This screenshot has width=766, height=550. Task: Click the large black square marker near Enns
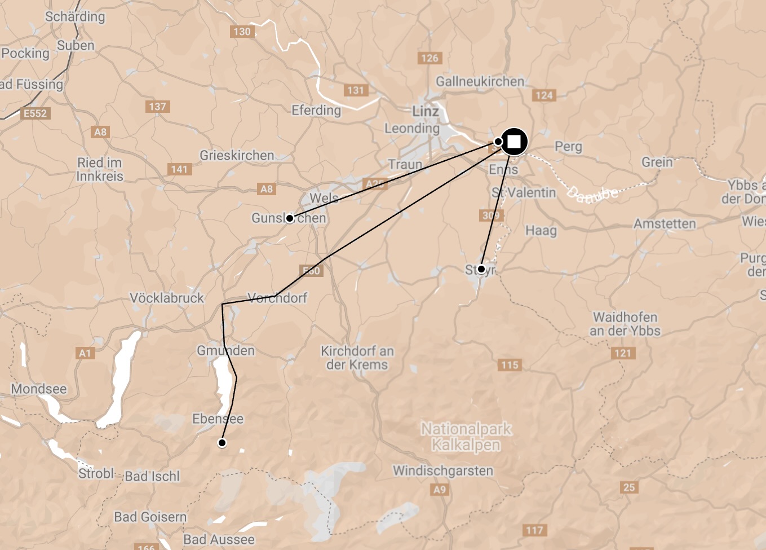point(513,142)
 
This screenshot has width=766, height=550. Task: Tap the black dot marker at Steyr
point(481,269)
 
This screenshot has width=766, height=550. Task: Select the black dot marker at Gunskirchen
point(289,218)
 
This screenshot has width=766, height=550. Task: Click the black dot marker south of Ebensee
point(222,443)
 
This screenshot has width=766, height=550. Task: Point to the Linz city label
point(426,111)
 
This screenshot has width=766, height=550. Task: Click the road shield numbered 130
point(242,32)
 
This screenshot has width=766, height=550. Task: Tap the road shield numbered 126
point(430,58)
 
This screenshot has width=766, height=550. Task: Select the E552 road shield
point(35,113)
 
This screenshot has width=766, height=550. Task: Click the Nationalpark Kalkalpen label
point(466,437)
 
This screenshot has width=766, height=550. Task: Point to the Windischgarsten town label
point(442,470)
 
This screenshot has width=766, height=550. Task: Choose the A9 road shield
point(440,490)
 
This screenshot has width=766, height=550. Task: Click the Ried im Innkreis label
point(100,169)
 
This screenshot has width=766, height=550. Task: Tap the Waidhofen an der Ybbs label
point(625,324)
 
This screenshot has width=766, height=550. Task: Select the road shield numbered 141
point(179,169)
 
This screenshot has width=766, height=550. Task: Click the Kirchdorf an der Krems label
point(357,358)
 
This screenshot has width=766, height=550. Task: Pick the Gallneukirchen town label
point(480,82)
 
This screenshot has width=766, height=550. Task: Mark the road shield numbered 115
point(510,365)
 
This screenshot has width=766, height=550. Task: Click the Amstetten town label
point(665,224)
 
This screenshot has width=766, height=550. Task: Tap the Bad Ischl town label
point(152,476)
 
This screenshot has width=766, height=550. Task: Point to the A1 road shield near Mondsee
point(85,354)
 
